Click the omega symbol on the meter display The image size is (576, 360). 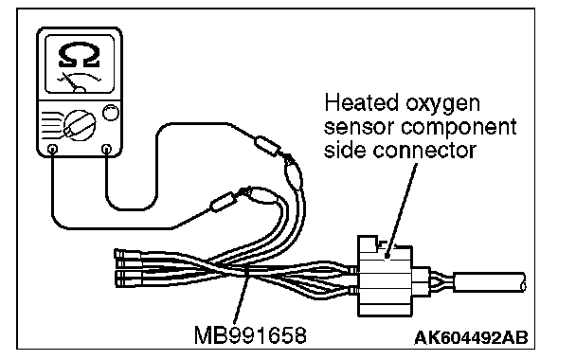[x=79, y=55]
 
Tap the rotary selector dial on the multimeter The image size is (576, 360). [x=80, y=125]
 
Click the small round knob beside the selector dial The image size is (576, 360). [x=111, y=113]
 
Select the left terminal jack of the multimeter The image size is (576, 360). [x=53, y=149]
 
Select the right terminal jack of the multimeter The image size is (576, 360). [x=106, y=149]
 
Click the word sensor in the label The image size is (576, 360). [x=359, y=128]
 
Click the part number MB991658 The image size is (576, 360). [x=250, y=335]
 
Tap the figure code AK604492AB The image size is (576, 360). [x=471, y=337]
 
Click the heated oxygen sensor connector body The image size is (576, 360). [x=385, y=277]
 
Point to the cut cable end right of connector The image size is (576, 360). [x=489, y=282]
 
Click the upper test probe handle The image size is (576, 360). [x=268, y=146]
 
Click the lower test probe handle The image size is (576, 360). [x=223, y=202]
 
